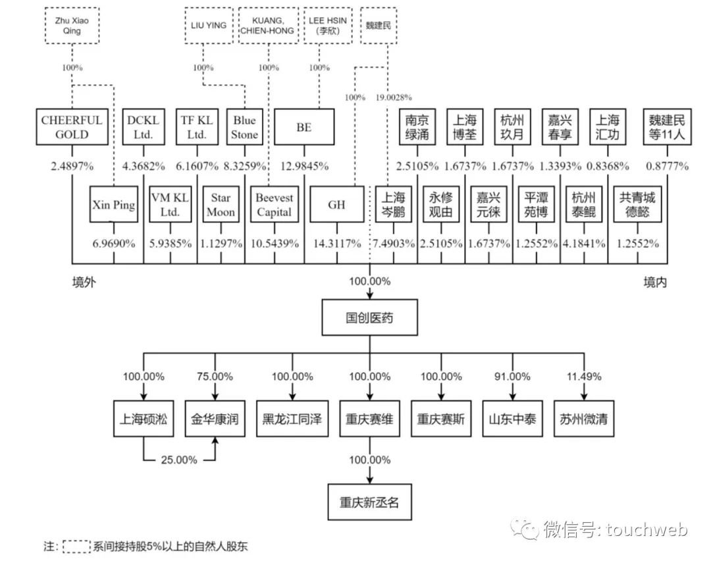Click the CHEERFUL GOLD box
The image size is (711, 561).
pos(72,128)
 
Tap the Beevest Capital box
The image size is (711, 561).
pos(275,205)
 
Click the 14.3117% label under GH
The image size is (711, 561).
pos(336,243)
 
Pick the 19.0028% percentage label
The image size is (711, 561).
pos(394,97)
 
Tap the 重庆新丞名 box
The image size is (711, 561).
pos(369,502)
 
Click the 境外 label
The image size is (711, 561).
pos(84,282)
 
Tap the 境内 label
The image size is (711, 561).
pos(655,282)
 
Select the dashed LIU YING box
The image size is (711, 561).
pos(207,26)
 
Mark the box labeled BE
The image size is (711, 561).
pos(304,128)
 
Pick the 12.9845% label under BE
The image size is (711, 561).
pos(304,166)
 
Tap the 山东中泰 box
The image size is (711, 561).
pos(512,419)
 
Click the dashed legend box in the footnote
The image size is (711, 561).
pos(76,546)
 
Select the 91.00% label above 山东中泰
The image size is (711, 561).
pos(512,377)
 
